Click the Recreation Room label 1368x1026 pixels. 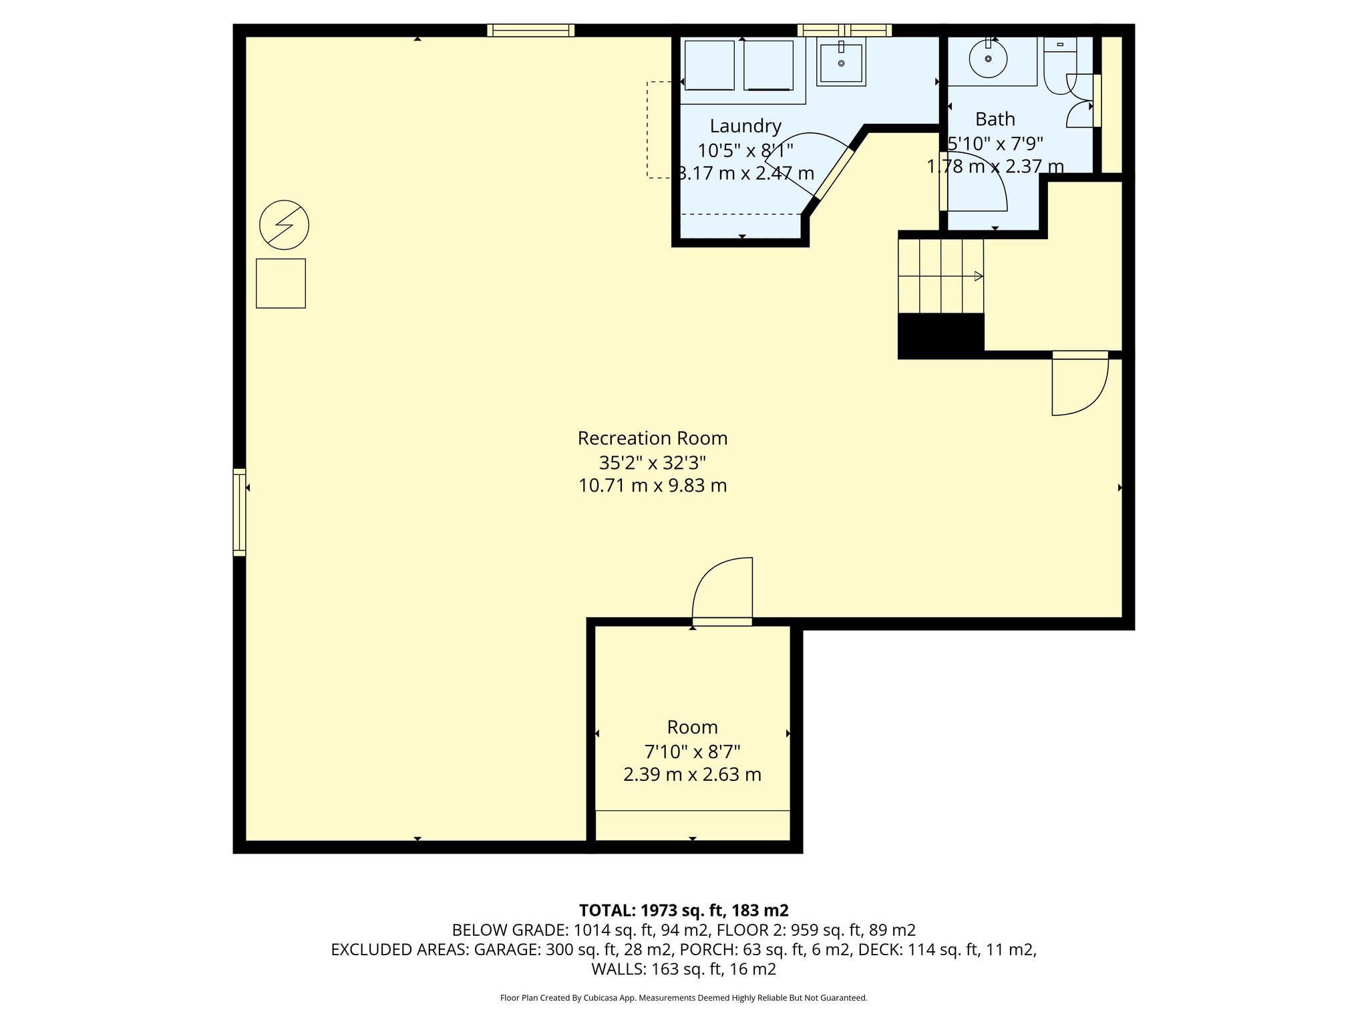[652, 438]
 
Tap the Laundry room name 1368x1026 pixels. [745, 126]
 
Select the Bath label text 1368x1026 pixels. [995, 119]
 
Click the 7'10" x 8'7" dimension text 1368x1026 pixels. [692, 751]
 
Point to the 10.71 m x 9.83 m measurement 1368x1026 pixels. [652, 486]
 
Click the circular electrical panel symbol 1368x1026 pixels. [284, 224]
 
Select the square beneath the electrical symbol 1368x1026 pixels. [281, 283]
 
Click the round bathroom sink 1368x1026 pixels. [988, 59]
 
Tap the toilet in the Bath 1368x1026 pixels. [1059, 63]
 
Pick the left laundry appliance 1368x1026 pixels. [709, 65]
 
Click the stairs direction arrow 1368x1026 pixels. [978, 276]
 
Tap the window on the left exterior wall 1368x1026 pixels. [239, 512]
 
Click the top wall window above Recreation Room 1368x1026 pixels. [530, 30]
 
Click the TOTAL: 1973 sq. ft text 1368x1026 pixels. [683, 910]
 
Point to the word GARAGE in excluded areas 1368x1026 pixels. [506, 949]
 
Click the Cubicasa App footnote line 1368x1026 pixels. [683, 998]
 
